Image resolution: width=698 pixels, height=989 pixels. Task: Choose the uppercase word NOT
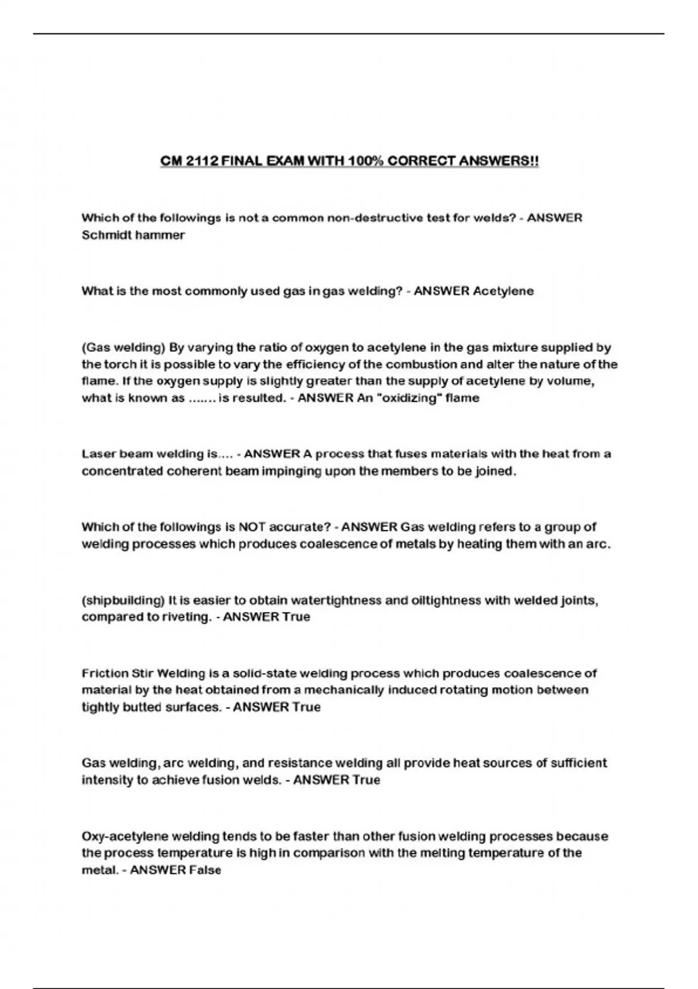[x=252, y=527]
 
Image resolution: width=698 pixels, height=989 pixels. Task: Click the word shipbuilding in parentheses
[x=123, y=600]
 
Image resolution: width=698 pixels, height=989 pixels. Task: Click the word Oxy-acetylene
[x=123, y=837]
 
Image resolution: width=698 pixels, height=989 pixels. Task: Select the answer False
[x=204, y=871]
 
